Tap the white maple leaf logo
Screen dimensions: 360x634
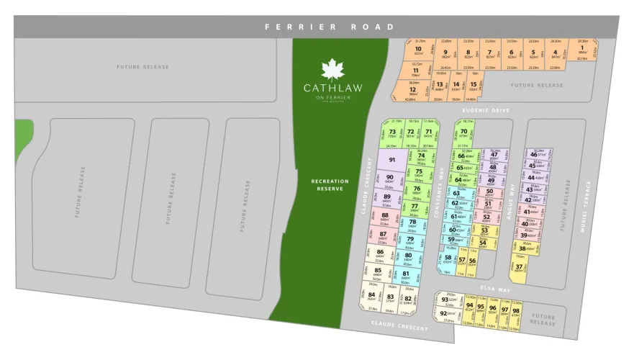[x=332, y=69]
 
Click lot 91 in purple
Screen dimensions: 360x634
[x=392, y=160]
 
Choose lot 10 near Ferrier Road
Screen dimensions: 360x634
[x=418, y=50]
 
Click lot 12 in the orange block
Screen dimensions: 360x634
[x=412, y=90]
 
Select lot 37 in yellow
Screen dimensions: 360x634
[x=518, y=268]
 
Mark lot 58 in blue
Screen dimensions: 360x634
[x=448, y=258]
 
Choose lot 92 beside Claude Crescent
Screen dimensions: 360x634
[x=444, y=314]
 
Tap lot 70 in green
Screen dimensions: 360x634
[x=393, y=132]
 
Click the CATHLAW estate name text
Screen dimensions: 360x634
[x=332, y=88]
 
